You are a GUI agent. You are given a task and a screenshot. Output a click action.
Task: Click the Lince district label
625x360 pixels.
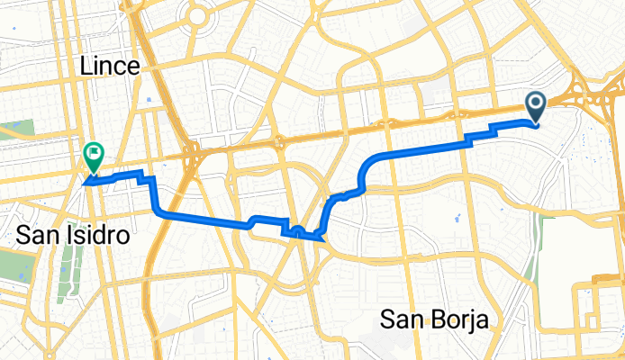point(109,66)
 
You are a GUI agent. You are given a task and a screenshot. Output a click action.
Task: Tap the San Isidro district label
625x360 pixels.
point(72,236)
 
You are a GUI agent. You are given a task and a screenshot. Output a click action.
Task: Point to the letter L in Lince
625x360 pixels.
point(86,66)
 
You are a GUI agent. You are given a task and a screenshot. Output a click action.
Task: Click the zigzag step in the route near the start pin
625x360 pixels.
point(482,136)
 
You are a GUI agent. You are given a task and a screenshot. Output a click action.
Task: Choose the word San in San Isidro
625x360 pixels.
point(35,236)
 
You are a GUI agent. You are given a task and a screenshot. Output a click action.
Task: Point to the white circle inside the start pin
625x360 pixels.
point(536,103)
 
